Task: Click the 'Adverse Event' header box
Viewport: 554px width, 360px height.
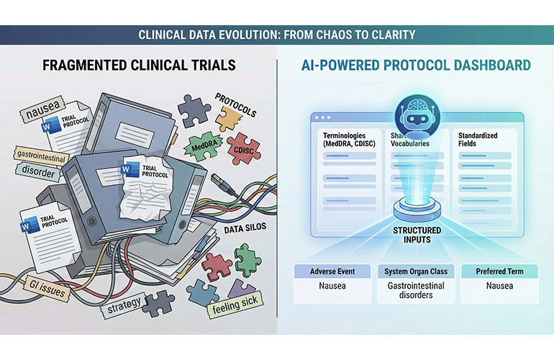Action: tap(333, 272)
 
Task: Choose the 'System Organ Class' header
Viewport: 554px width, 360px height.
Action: tap(416, 272)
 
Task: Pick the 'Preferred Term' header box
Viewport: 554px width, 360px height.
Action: tap(499, 272)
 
